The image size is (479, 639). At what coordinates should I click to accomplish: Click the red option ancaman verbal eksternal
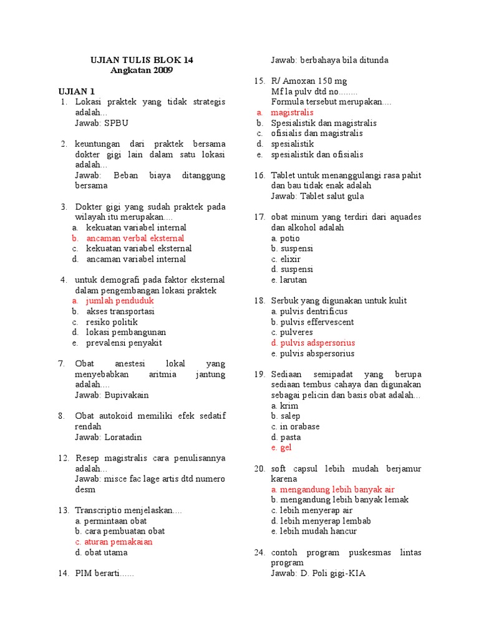(x=135, y=238)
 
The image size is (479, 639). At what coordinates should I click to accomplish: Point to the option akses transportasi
(x=120, y=311)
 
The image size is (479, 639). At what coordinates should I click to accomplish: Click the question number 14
(x=64, y=573)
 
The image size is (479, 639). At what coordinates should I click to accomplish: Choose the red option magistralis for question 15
(x=292, y=112)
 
